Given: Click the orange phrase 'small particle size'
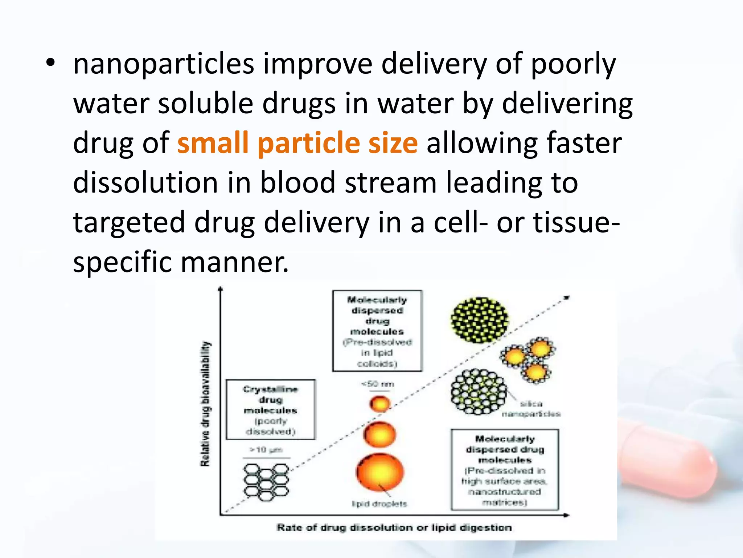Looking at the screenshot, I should [x=297, y=143].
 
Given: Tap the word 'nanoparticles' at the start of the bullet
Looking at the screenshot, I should [x=164, y=64].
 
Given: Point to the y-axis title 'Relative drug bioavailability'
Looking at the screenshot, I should [x=205, y=404].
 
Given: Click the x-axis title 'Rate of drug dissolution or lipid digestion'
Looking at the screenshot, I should [x=394, y=527].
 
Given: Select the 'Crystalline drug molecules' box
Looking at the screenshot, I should [x=271, y=410].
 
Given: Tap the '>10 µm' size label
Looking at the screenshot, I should [x=266, y=450].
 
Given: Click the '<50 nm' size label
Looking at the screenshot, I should [x=378, y=384].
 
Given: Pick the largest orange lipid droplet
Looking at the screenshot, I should [x=380, y=472].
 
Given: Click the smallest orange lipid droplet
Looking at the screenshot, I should [x=380, y=404].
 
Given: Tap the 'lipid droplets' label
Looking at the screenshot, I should [x=379, y=504].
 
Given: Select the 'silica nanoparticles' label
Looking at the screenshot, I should [x=531, y=409].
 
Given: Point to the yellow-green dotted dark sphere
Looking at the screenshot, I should [x=480, y=320].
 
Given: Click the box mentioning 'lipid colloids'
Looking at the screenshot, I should [x=377, y=331].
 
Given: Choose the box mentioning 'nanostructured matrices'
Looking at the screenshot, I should [x=505, y=470].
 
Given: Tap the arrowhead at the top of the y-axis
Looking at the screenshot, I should [x=220, y=289].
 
